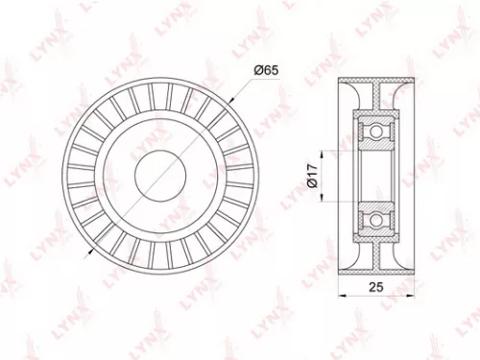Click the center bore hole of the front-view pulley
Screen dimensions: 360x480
(159, 174)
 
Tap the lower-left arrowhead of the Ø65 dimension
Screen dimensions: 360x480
(88, 252)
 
